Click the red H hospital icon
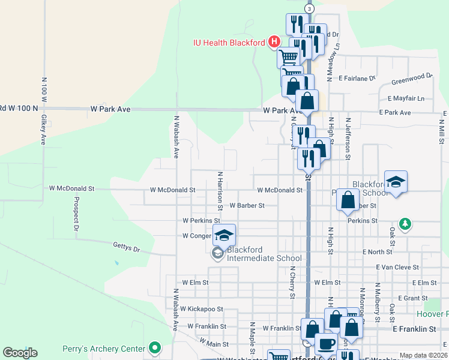point(274,42)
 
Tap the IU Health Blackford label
point(229,43)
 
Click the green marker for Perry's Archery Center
point(155,347)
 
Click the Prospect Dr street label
point(77,214)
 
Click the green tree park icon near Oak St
point(406,224)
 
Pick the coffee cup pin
point(326,344)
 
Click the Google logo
point(20,353)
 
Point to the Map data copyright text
point(423,355)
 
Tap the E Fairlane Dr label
point(357,78)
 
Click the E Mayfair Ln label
point(406,98)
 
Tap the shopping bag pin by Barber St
point(348,200)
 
